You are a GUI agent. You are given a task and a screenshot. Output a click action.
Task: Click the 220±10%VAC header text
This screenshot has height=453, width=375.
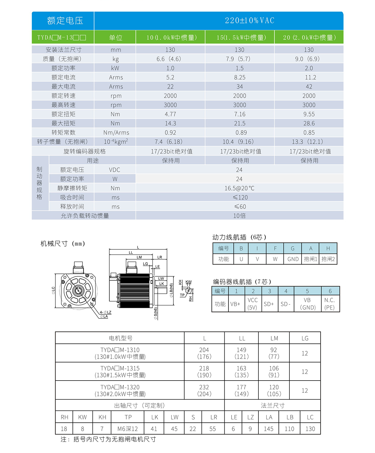[249, 21]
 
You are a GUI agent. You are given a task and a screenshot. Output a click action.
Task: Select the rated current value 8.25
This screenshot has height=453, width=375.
[240, 77]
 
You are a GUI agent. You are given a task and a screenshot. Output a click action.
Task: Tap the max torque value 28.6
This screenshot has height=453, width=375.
[309, 123]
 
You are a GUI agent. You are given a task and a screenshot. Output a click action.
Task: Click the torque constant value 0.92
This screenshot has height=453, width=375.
[170, 133]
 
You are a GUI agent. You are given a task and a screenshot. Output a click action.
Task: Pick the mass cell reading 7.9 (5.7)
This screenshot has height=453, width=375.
[239, 59]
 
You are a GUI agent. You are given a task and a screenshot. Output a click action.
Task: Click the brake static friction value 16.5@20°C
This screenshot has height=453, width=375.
[239, 188]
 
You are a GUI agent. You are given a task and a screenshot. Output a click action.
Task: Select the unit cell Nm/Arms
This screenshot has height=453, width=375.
[116, 133]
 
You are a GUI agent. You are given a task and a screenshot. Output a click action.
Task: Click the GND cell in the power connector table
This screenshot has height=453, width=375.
[293, 259]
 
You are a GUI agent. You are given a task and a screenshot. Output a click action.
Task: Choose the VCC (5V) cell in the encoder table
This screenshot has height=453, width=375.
[252, 304]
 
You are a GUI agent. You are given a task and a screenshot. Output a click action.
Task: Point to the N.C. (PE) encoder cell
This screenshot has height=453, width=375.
[330, 304]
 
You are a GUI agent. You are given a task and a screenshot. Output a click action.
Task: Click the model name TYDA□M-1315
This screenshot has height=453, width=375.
[120, 368]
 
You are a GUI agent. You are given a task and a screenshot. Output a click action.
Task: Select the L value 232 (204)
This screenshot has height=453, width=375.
[204, 391]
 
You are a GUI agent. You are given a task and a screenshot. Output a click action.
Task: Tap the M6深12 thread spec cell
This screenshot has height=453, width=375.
[127, 429]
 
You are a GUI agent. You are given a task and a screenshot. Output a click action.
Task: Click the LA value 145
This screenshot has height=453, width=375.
[268, 429]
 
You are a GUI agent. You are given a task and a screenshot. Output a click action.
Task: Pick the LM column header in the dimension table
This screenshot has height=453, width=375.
[274, 338]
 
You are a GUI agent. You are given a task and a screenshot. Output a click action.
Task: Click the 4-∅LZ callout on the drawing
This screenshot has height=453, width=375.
[106, 312]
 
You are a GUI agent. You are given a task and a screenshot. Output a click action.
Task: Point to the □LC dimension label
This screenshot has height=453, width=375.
[53, 290]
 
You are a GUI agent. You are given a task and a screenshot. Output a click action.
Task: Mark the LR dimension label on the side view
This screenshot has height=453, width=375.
[160, 257]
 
